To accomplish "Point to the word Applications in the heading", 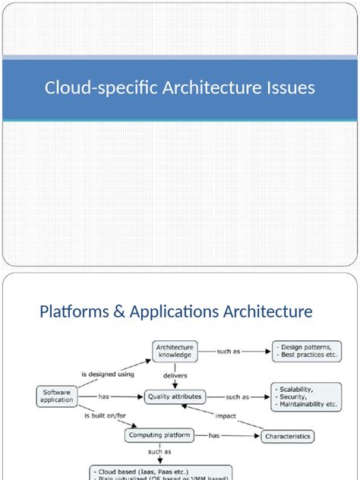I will tap(176, 311).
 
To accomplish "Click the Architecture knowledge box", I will tap(175, 351).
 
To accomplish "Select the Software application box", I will tap(57, 396).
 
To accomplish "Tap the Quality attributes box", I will tap(175, 396).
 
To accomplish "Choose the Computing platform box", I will tap(161, 436).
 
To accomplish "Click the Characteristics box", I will tap(288, 437).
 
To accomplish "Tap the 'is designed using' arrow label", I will tap(107, 374).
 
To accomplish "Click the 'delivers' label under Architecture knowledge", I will tap(175, 374).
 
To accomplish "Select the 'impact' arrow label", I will tap(226, 415).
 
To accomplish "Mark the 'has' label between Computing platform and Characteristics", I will tap(214, 436).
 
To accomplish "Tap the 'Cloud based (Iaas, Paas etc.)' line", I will tap(141, 471).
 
